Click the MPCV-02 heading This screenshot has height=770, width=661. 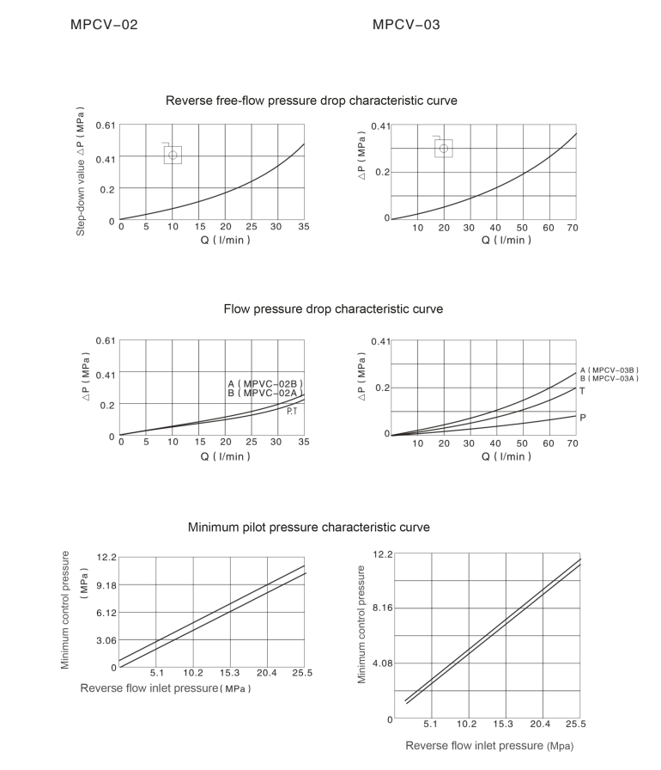[x=103, y=25]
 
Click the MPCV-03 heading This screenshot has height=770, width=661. [x=406, y=25]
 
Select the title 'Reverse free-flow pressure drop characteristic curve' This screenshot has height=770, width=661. [x=311, y=101]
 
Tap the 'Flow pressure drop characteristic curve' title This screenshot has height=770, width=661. [x=333, y=309]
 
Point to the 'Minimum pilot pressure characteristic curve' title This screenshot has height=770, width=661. [x=308, y=527]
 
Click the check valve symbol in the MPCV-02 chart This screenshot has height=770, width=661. [x=173, y=155]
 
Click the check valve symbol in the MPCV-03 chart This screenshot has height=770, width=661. [x=443, y=148]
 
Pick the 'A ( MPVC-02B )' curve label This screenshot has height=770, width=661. [x=265, y=383]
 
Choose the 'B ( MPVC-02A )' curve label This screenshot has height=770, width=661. [x=265, y=393]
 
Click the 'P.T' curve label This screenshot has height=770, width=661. [x=292, y=412]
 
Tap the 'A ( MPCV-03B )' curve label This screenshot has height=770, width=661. [x=609, y=370]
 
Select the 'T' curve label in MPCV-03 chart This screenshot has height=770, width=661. [x=582, y=391]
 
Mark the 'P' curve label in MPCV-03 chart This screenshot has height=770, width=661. [x=583, y=417]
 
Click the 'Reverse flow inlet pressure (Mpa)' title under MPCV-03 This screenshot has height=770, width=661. [x=489, y=746]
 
